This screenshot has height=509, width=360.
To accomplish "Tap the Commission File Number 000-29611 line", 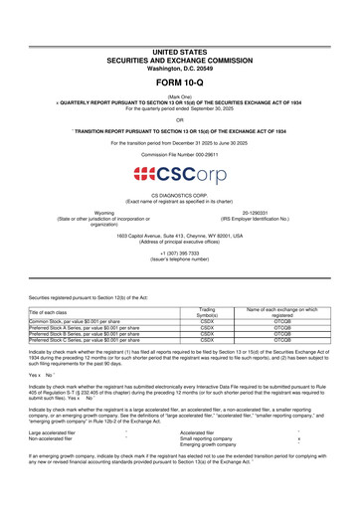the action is (x=179, y=155).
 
